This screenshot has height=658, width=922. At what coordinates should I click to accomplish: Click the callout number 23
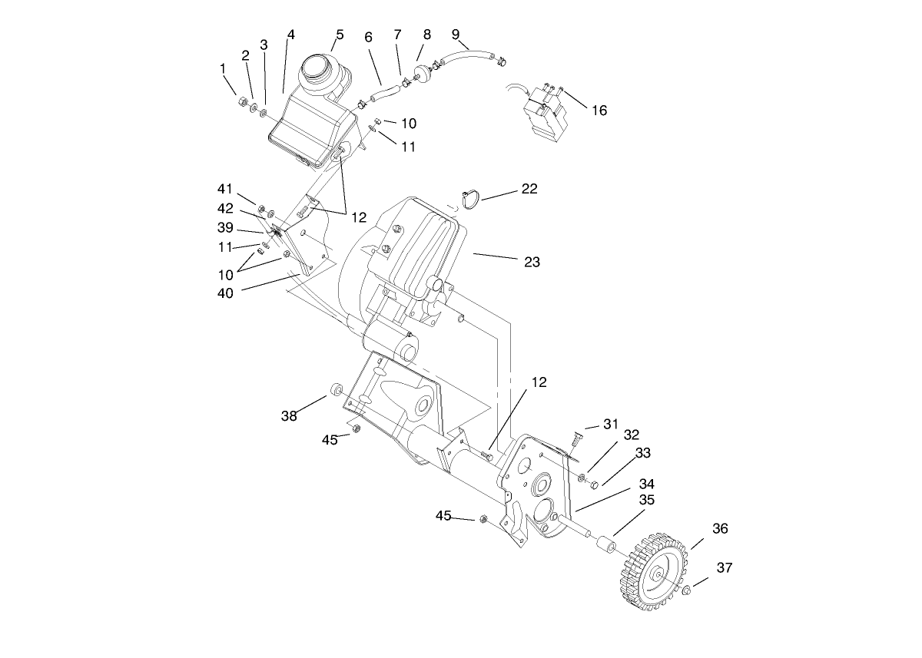pyautogui.click(x=532, y=262)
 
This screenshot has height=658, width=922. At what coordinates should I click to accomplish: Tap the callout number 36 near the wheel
pyautogui.click(x=720, y=529)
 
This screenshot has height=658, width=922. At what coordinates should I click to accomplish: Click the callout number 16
pyautogui.click(x=599, y=111)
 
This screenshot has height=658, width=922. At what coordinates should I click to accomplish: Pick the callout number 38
pyautogui.click(x=289, y=416)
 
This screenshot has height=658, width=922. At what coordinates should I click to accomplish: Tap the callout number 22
pyautogui.click(x=529, y=189)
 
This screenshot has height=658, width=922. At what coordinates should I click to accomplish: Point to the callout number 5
pyautogui.click(x=339, y=35)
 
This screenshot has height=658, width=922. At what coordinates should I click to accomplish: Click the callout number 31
pyautogui.click(x=610, y=424)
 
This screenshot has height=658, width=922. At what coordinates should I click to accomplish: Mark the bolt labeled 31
pyautogui.click(x=575, y=438)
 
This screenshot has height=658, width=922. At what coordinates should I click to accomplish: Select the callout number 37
pyautogui.click(x=725, y=568)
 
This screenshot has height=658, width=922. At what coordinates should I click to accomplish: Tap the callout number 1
pyautogui.click(x=224, y=68)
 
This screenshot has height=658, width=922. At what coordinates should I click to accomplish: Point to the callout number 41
pyautogui.click(x=224, y=188)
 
